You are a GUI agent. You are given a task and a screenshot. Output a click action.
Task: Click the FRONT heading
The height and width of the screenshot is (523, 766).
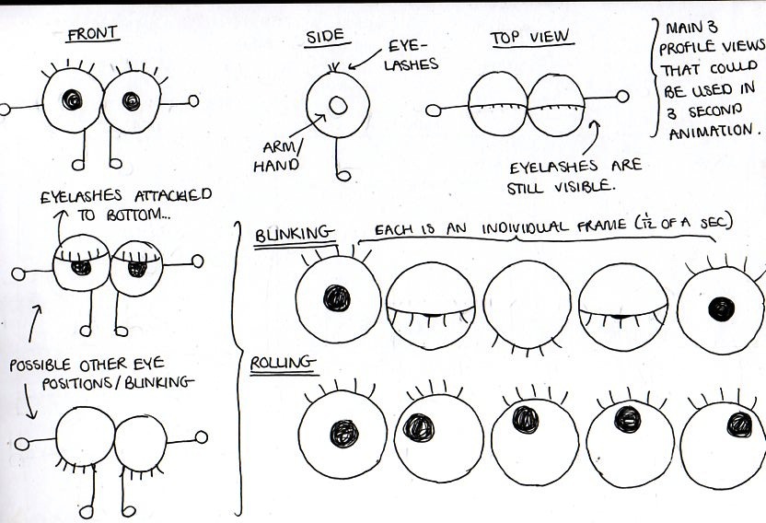click(x=92, y=34)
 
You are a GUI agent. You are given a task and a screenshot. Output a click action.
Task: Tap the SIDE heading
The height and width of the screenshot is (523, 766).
click(x=325, y=36)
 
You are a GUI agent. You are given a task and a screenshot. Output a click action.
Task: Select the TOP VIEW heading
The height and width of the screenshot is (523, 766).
click(x=530, y=38)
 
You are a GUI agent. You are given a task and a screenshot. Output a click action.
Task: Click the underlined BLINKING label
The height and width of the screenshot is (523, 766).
click(x=284, y=237)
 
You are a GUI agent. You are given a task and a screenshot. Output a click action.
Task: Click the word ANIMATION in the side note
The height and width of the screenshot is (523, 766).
click(x=711, y=130)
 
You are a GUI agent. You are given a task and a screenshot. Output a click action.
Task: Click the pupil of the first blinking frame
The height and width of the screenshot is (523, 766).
click(x=337, y=298)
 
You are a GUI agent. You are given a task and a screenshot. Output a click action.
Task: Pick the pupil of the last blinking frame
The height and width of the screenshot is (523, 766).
click(x=719, y=309)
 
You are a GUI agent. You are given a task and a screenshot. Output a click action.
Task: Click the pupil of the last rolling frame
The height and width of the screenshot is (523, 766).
click(x=738, y=424)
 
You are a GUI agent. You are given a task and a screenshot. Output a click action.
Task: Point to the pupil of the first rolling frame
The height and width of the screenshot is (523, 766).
click(x=344, y=433)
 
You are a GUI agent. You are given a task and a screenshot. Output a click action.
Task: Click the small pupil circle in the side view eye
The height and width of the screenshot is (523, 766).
click(x=338, y=105)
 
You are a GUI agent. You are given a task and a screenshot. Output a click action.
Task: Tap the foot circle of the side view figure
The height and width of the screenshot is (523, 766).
click(x=343, y=174)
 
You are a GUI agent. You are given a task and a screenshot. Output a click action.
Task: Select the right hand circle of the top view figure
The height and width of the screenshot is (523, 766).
click(x=622, y=96)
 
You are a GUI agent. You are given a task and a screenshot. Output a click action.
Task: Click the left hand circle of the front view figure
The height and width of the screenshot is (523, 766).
click(x=5, y=109)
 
